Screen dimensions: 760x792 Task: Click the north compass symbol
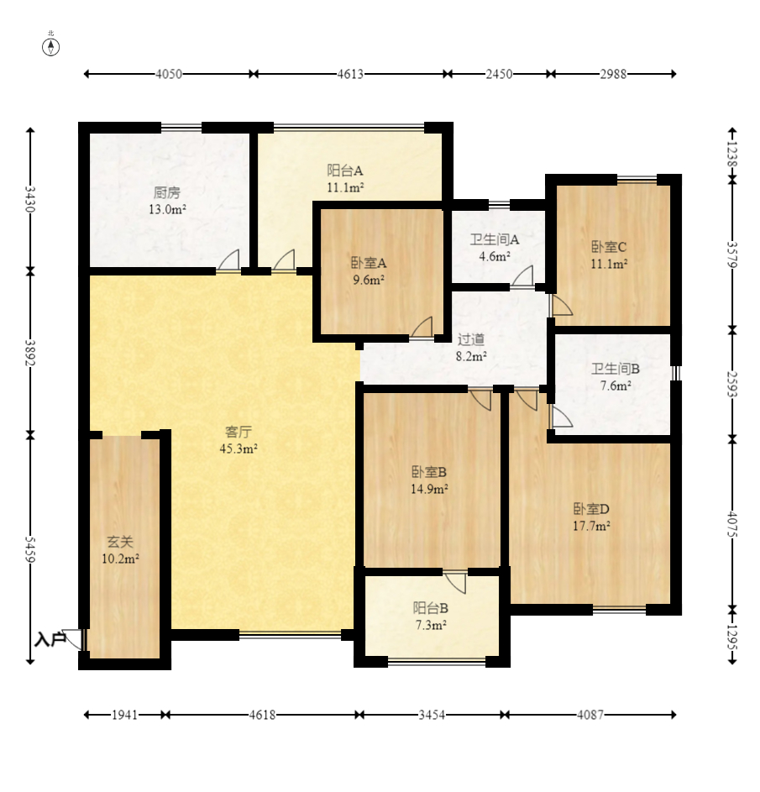[50, 46]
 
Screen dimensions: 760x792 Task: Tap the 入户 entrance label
[50, 639]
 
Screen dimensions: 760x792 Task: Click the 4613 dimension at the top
[350, 74]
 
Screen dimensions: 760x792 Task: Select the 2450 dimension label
[499, 74]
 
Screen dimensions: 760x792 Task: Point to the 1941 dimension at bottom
[124, 715]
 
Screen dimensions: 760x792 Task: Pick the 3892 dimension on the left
[30, 353]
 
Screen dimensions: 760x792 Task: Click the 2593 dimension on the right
[731, 385]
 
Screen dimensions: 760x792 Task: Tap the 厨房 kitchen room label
[167, 192]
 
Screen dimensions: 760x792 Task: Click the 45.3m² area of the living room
[238, 448]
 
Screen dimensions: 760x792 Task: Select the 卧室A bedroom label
[369, 263]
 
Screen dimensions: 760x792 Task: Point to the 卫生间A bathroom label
[495, 239]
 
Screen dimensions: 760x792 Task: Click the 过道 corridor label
[471, 339]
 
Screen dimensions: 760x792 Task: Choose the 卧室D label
[591, 509]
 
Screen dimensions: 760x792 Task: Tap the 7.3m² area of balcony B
[431, 625]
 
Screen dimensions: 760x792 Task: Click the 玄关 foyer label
[120, 542]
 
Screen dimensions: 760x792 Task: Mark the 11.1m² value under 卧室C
[609, 264]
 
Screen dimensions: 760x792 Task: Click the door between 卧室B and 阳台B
[455, 582]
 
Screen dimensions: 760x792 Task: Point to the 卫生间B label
[615, 369]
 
